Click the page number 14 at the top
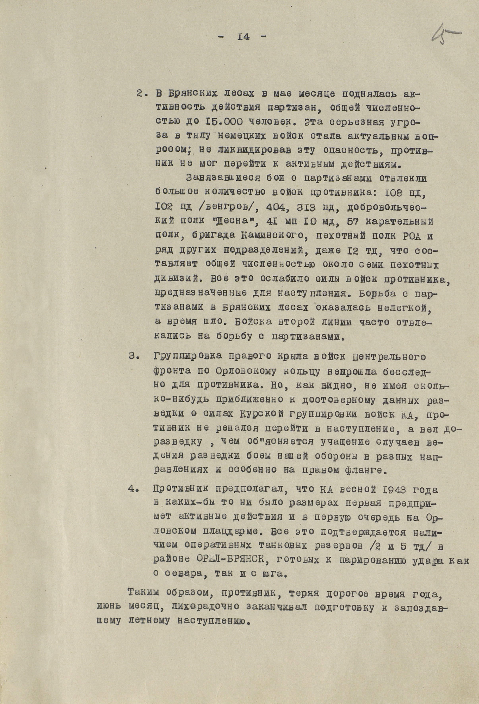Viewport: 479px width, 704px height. [x=243, y=37]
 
